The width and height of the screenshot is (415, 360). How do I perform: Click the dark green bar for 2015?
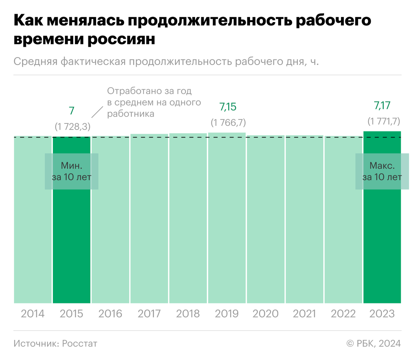tap(72, 242)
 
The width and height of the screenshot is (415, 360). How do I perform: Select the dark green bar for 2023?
tap(382, 242)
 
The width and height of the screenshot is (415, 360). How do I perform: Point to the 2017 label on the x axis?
tap(149, 314)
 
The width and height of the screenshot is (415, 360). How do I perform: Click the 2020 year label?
tap(265, 314)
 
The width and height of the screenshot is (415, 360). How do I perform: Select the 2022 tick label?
tap(343, 314)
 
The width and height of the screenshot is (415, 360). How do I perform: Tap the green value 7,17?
tap(382, 105)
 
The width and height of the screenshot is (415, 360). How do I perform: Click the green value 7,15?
tap(228, 107)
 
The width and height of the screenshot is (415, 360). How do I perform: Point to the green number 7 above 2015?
tap(72, 111)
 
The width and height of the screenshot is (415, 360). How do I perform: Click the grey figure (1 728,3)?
tap(73, 127)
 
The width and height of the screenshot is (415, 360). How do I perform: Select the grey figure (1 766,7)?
tap(228, 123)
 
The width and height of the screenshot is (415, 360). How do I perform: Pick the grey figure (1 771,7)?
tap(384, 121)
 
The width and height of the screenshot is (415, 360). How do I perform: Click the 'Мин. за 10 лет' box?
tap(72, 171)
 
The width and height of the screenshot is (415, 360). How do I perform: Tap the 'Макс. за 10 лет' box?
tap(382, 171)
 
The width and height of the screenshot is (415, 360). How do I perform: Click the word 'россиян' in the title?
tap(121, 39)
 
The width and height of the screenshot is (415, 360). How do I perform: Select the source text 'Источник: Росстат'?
tap(55, 343)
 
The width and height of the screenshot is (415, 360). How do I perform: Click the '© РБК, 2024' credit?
tap(373, 343)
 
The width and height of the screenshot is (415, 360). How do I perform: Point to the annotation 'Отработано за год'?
tap(149, 91)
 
